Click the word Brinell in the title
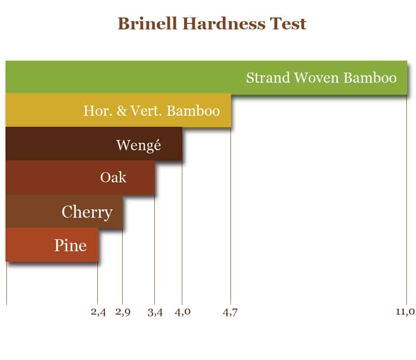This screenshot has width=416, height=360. point(147,23)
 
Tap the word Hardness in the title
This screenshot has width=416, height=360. point(224,23)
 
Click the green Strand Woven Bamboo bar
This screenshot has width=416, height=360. point(206,77)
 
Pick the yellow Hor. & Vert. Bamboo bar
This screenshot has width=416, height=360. point(118,110)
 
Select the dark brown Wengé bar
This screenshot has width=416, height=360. point(94,144)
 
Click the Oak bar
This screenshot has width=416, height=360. point(80,177)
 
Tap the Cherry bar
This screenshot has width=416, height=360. point(64,211)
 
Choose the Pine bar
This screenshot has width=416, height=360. point(52,245)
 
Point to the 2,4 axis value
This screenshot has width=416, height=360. point(98,312)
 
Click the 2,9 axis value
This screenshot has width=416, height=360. point(123,312)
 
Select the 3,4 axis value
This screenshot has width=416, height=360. point(155,312)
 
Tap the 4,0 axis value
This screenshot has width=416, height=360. point(183,312)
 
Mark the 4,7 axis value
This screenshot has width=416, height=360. point(230,312)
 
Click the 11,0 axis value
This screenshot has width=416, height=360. point(405,311)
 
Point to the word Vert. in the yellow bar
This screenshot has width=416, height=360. point(146,111)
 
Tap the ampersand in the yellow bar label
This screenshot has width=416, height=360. point(122,111)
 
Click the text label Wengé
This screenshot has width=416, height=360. point(139,145)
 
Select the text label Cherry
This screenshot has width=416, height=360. point(87,212)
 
